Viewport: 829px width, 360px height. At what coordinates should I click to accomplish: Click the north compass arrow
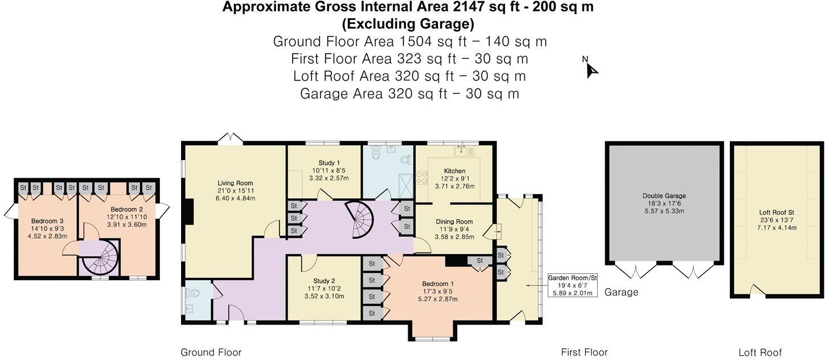tap(592, 69)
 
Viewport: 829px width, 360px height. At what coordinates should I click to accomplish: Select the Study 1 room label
tap(325, 163)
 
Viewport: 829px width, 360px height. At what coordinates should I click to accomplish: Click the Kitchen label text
tap(454, 171)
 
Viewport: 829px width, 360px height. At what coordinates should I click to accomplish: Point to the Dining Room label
tap(454, 222)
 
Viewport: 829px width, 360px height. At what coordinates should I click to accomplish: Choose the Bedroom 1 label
tap(438, 284)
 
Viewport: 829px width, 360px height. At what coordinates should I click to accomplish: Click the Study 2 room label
tap(324, 281)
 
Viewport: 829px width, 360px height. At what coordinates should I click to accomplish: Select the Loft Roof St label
tap(777, 212)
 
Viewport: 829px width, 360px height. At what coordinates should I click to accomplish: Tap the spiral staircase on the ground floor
tap(358, 221)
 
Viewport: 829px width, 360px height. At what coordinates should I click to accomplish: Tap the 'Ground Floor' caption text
tap(211, 353)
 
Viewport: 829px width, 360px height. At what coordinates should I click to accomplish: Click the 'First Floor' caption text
tap(584, 353)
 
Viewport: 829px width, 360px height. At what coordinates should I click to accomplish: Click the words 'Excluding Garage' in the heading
tap(408, 24)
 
